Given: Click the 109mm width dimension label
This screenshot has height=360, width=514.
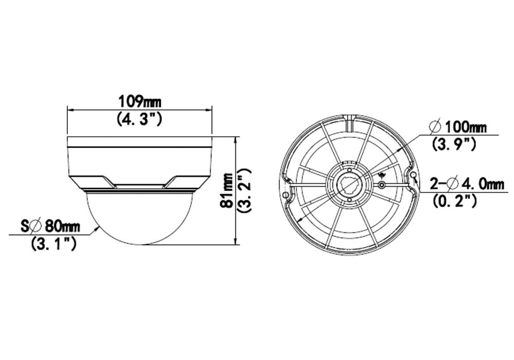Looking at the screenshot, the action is (139, 101).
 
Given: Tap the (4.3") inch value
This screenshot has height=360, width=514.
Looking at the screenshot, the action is (139, 119).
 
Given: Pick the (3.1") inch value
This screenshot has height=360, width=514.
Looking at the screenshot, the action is (53, 244).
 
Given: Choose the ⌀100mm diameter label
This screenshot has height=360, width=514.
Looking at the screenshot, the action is (457, 127).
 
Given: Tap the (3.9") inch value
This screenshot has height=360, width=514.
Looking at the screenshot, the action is (454, 145).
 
